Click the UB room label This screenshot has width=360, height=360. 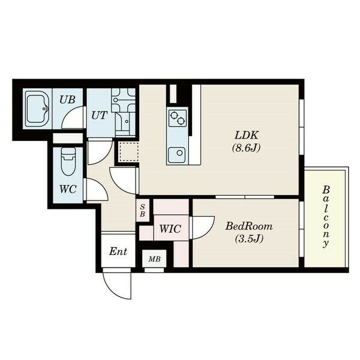click(67, 100)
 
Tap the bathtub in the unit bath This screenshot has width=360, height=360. click(37, 109)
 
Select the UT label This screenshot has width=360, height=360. click(99, 115)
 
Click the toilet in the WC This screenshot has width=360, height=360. click(68, 161)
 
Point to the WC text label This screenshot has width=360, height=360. click(68, 189)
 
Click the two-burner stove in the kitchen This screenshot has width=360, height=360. click(177, 118)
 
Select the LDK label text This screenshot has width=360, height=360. click(247, 135)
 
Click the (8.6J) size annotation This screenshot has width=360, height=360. click(247, 148)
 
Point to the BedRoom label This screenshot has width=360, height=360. click(249, 226)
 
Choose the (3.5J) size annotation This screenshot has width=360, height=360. click(249, 239)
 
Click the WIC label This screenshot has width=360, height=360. click(170, 229)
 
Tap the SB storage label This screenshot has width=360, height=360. click(142, 211)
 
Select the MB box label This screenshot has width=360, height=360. click(154, 259)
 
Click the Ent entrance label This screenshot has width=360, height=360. click(118, 251)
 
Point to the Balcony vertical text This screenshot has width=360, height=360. click(326, 217)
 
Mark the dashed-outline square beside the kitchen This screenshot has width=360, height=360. click(129, 151)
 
